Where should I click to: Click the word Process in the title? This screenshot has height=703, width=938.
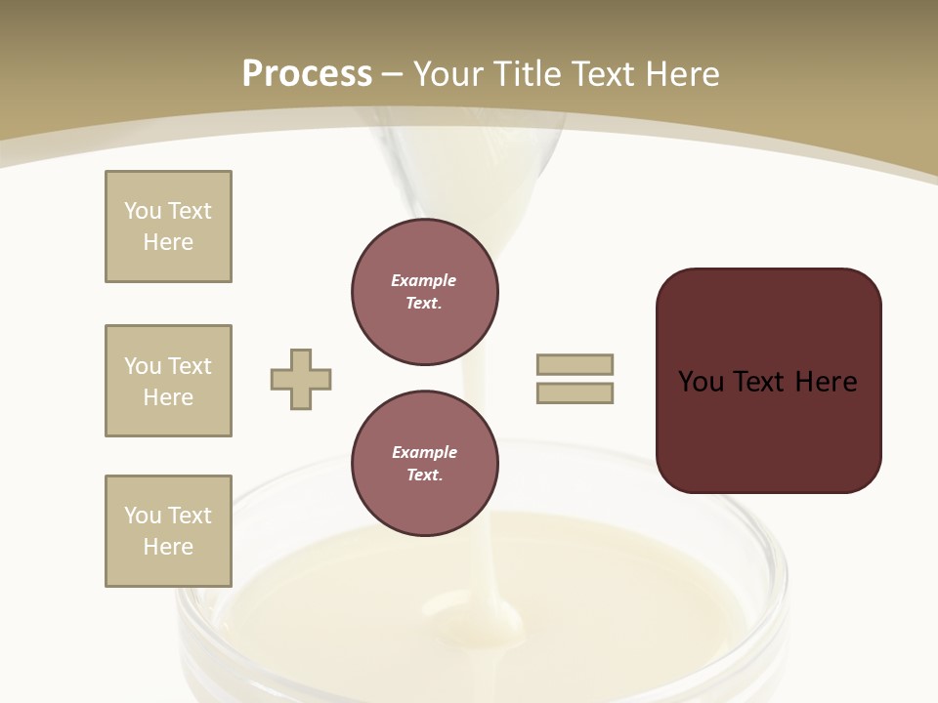point(307,74)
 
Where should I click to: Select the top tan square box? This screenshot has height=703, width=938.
point(168,227)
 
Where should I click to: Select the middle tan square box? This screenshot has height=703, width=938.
point(168,381)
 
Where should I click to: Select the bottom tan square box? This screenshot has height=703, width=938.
point(168,531)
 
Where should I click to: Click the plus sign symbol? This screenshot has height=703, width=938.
point(301,380)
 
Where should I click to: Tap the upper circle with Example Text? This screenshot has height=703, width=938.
point(424,292)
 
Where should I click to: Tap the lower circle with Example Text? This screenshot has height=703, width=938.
point(424,464)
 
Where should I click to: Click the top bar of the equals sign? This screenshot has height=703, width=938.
point(575,365)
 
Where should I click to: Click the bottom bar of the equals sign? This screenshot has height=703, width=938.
point(575,393)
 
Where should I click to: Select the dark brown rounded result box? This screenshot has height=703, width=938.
point(768,380)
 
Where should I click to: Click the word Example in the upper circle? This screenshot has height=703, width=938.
point(423,281)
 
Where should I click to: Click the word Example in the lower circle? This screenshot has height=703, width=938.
point(424,453)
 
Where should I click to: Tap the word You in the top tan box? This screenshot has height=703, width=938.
point(142,211)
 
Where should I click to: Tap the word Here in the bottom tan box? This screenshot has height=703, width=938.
point(168,547)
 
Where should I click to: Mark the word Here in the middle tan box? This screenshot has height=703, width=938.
point(168,397)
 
